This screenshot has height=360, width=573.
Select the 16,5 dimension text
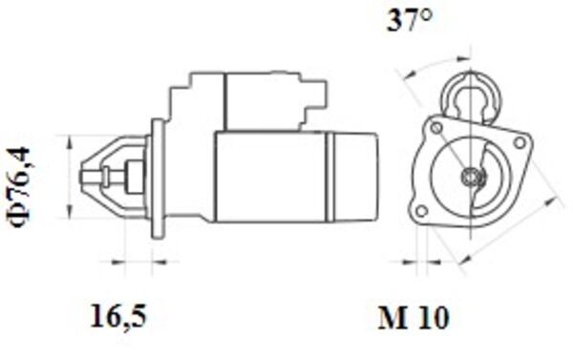point(122,312)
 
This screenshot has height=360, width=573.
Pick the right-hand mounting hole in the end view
point(520,142)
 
